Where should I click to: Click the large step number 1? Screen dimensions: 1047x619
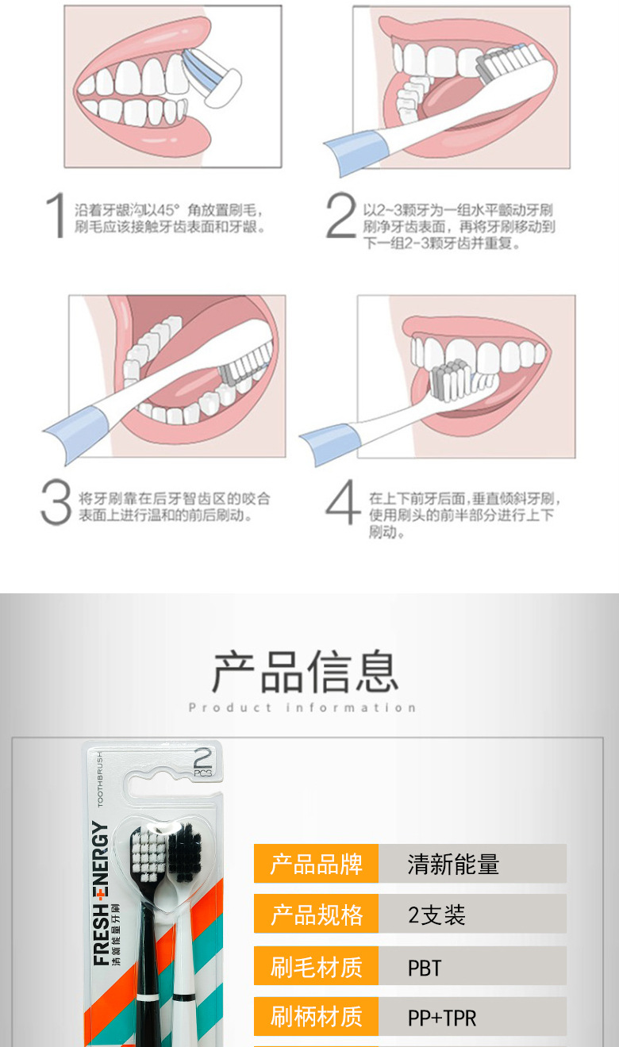point(56,216)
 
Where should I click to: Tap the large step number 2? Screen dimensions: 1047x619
point(340,216)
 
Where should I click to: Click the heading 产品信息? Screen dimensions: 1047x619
point(305,671)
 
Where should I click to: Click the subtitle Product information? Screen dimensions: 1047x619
point(302,708)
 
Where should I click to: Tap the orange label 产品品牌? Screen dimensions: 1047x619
point(316,864)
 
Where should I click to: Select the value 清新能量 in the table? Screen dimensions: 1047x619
point(453,864)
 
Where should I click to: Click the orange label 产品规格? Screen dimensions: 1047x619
point(316,915)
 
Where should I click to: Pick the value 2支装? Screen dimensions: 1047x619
point(436,915)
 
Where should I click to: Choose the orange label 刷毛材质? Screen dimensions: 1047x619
point(316,967)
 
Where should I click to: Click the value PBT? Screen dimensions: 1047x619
point(425,968)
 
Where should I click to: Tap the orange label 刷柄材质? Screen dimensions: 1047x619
point(316,1016)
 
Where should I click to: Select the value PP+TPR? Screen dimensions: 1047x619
point(442,1018)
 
